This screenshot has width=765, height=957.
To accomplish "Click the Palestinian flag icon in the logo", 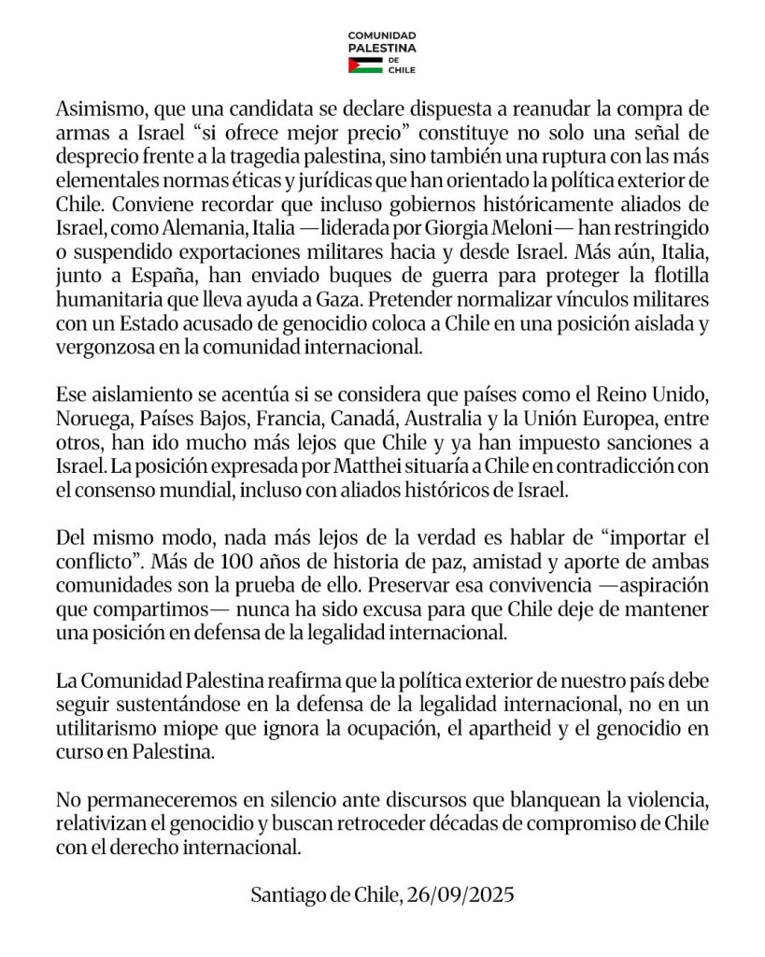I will click(x=364, y=64).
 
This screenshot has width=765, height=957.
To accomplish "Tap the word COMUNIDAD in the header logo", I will click(x=381, y=35).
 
